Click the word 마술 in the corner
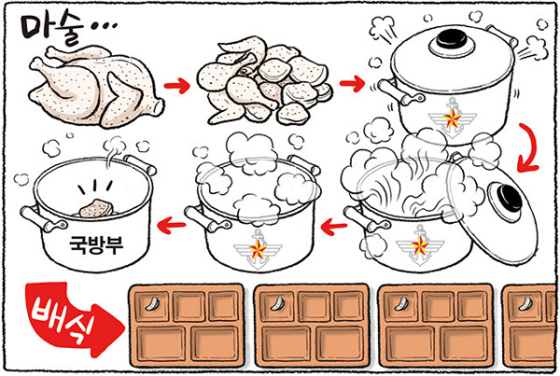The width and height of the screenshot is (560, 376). (51, 31)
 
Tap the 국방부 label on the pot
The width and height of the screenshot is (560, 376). (96, 245)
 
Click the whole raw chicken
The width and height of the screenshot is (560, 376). (95, 87)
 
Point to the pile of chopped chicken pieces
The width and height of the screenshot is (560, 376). (265, 81)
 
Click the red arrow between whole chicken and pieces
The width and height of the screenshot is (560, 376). (177, 85)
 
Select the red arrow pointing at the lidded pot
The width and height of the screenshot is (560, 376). (352, 84)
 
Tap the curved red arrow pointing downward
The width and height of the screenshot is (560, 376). (531, 147)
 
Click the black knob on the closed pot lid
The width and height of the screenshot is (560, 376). (452, 39)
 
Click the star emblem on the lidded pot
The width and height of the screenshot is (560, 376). (452, 118)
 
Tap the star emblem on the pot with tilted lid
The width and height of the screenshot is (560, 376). (420, 245)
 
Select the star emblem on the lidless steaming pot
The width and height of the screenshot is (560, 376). (258, 249)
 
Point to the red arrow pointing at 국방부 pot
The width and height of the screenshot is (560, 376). (172, 225)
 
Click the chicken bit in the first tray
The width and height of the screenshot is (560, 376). (152, 303)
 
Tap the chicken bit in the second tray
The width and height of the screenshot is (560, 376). (277, 303)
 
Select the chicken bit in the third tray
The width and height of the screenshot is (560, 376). (401, 303)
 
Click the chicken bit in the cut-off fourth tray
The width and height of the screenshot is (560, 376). (525, 303)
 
